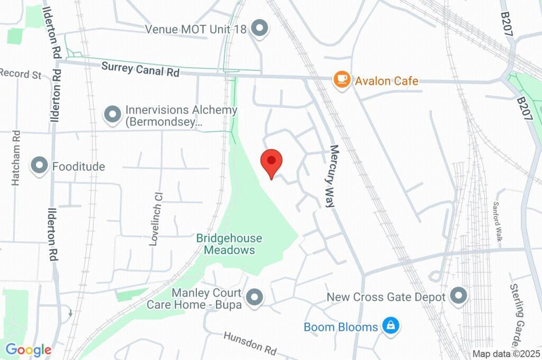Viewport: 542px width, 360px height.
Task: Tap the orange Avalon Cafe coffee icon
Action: click(342, 80)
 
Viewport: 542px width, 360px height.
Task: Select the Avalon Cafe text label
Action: click(386, 81)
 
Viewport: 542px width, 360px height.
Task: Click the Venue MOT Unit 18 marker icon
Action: click(259, 29)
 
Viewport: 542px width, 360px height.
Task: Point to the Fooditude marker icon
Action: click(40, 166)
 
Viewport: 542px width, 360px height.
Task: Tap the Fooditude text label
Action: click(78, 167)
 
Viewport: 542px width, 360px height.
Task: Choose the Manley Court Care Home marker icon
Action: click(256, 298)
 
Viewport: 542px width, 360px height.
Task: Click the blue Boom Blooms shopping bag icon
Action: click(391, 326)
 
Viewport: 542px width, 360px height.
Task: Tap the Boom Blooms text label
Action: click(341, 327)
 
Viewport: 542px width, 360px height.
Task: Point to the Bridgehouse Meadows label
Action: click(229, 244)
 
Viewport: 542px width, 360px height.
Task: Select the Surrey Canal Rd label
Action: click(140, 69)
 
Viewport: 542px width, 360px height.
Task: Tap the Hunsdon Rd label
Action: click(250, 343)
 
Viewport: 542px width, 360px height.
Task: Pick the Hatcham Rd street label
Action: click(16, 158)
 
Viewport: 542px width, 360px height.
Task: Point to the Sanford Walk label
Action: click(498, 221)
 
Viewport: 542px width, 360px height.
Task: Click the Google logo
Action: click(29, 349)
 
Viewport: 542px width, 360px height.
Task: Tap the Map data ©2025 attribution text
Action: click(505, 354)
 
